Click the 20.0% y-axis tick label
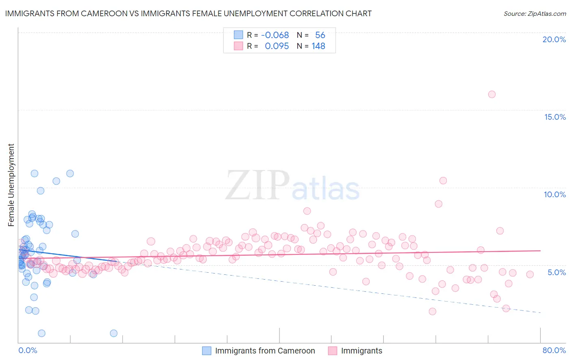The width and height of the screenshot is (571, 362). (x=554, y=39)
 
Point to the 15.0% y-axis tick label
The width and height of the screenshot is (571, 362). (x=555, y=117)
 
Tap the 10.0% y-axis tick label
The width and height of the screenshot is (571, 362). (x=555, y=194)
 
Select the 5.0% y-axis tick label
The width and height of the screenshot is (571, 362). (x=556, y=272)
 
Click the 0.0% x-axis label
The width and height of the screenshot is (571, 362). (x=28, y=350)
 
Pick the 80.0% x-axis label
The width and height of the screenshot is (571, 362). (x=554, y=350)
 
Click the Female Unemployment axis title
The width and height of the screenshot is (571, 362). (x=11, y=185)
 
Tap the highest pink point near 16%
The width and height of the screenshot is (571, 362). (x=492, y=94)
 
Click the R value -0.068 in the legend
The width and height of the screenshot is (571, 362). (x=275, y=35)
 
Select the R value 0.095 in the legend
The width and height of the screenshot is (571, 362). (x=277, y=46)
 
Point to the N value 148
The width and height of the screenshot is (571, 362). (x=318, y=46)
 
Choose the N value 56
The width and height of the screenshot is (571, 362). (x=320, y=35)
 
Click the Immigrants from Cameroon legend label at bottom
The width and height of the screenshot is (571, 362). (x=265, y=351)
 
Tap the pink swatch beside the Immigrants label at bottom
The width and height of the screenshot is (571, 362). (x=333, y=351)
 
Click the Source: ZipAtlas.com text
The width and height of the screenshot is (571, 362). (x=534, y=14)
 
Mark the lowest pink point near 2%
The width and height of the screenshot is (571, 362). (x=433, y=311)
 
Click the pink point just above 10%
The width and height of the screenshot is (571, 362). (x=443, y=181)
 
